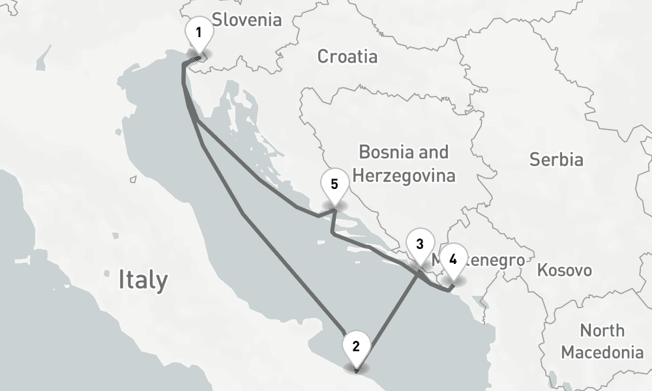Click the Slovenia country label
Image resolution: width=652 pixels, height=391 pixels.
pos(247,20)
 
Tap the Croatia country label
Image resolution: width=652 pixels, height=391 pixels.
pos(347,57)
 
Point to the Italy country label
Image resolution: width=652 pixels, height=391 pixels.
pos(143,280)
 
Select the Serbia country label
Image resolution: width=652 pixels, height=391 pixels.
pos(556,159)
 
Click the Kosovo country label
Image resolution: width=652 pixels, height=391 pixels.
pos(565,270)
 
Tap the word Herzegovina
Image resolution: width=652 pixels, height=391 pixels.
pos(402,176)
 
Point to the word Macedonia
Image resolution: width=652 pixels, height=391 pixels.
pos(602,353)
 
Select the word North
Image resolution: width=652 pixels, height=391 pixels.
pos(602,330)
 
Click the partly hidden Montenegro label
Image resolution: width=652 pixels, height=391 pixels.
pos(496,260)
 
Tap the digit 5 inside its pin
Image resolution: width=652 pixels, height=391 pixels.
pos(334,184)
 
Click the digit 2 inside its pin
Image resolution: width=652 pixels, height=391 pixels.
pos(355,345)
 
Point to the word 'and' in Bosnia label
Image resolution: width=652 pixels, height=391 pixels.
pos(434,152)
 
